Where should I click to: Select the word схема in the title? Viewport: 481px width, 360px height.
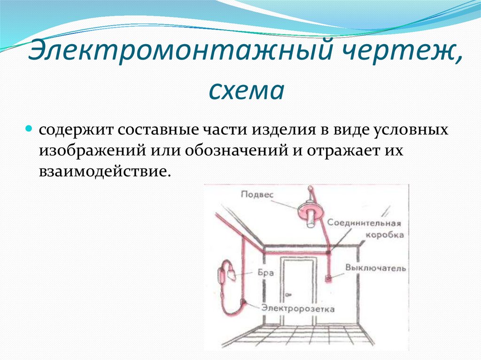point(246,90)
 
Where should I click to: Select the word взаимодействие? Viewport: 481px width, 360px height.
point(103,170)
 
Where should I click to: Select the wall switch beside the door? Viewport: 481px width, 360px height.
point(329,278)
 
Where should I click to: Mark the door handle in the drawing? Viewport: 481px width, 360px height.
point(288,294)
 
